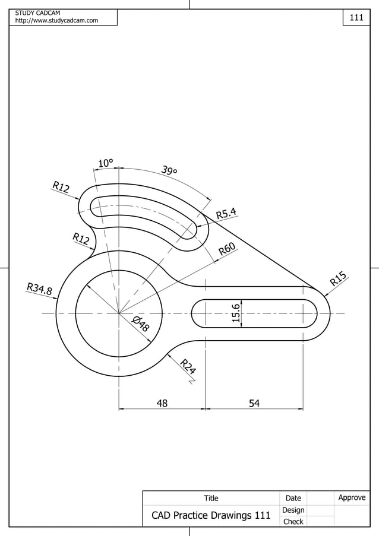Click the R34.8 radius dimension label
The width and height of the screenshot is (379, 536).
[x=39, y=289]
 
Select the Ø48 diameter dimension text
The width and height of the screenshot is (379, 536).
[x=141, y=324]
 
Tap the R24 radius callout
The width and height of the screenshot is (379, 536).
[x=188, y=367]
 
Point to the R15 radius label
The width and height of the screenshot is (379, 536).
[x=339, y=278]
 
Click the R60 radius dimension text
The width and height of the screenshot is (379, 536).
[x=227, y=249]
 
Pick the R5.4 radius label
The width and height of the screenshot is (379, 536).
[x=226, y=213]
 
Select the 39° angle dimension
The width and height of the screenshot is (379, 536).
[x=169, y=171]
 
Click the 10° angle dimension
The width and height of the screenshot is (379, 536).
[x=106, y=163]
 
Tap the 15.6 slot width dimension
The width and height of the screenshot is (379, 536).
[x=236, y=313]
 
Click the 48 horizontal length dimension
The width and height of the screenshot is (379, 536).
[x=162, y=403]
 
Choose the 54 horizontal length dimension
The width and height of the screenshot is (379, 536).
[x=254, y=403]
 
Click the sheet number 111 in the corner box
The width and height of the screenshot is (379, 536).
[x=356, y=18]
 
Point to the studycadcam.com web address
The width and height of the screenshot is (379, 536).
[x=56, y=21]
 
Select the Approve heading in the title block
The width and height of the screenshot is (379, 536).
[x=352, y=497]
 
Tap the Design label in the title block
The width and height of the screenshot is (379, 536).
[x=293, y=510]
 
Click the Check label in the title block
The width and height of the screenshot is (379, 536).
[x=293, y=522]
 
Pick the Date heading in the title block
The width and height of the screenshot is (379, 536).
[x=293, y=498]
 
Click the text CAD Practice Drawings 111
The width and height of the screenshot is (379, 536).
[x=211, y=515]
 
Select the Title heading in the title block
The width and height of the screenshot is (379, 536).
[x=211, y=498]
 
